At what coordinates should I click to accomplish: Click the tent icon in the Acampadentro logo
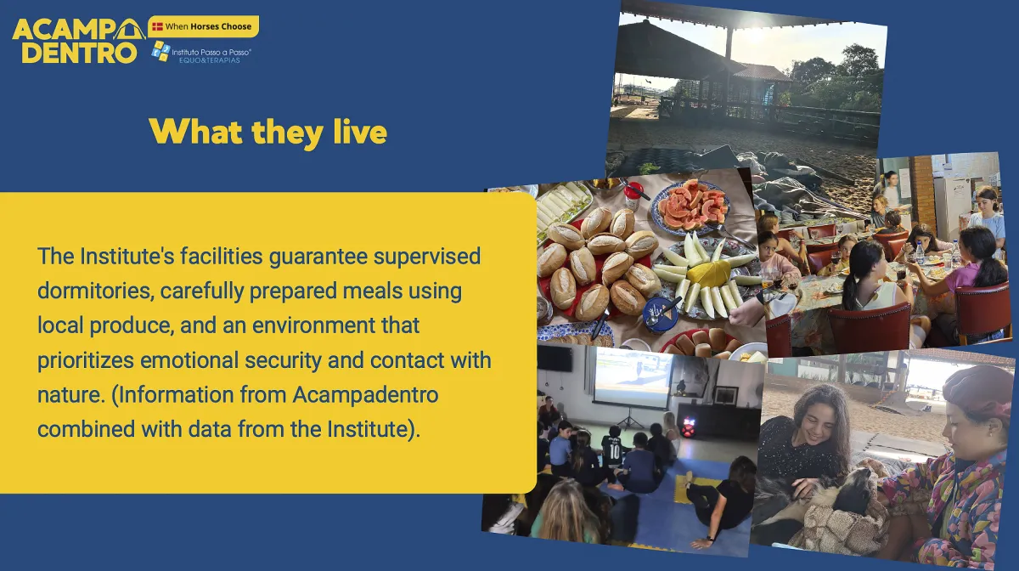tap(130, 30)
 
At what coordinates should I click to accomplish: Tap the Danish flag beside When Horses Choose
tap(157, 26)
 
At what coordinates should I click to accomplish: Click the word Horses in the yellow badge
tap(205, 26)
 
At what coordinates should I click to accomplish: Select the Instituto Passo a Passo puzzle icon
tap(160, 51)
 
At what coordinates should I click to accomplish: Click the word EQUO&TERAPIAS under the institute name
tap(209, 60)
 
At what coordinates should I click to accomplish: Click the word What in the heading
tap(195, 132)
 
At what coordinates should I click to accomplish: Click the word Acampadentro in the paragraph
tap(365, 395)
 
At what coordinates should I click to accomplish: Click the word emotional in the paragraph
tap(189, 360)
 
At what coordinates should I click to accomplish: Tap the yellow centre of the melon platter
tap(708, 274)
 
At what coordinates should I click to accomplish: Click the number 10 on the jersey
tap(615, 451)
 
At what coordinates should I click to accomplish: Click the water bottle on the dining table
tap(920, 252)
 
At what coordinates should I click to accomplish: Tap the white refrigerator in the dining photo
tap(957, 207)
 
